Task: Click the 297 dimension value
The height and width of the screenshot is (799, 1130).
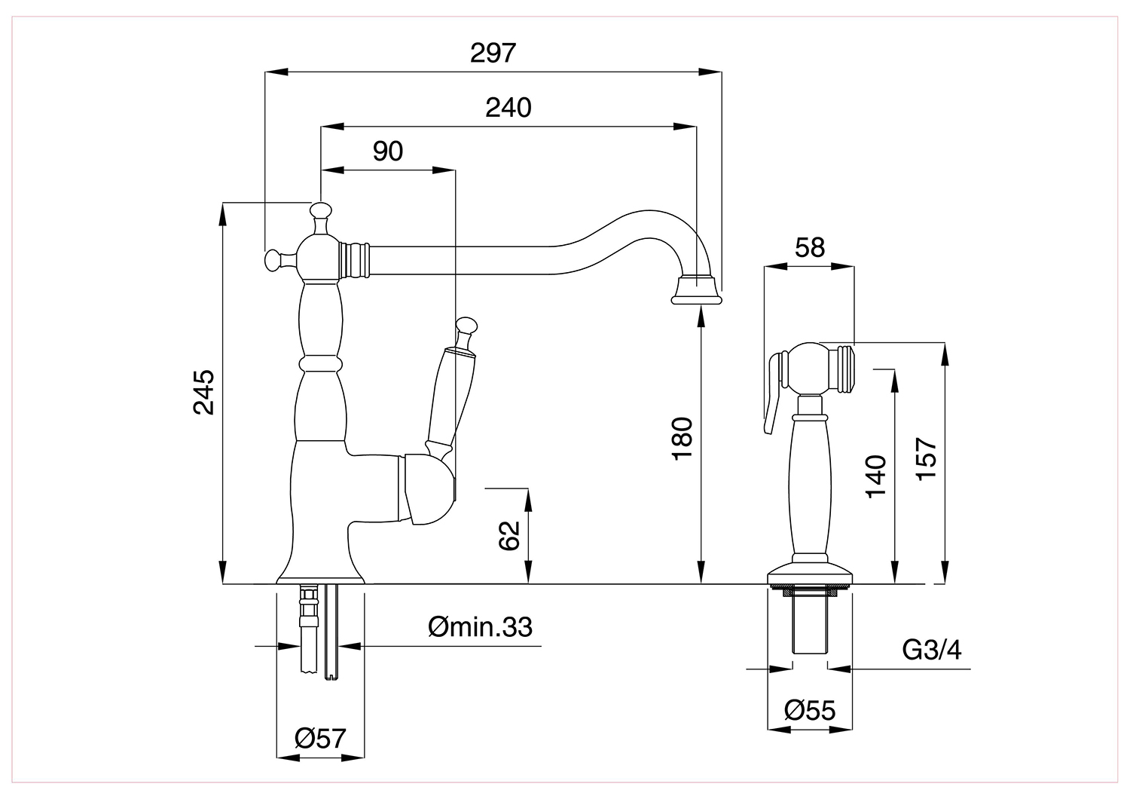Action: tap(493, 53)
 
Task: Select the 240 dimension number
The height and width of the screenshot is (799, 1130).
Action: tap(508, 108)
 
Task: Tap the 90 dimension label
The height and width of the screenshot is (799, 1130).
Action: tap(388, 151)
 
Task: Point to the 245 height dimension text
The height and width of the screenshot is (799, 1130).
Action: tap(204, 392)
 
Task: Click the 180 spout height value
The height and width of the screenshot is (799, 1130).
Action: tap(682, 438)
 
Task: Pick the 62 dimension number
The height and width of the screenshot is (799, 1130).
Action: tap(508, 535)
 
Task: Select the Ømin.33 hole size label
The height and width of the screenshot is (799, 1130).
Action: tap(480, 627)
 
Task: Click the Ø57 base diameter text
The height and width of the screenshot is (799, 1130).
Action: tap(320, 739)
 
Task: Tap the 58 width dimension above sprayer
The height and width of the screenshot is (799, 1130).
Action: tap(810, 247)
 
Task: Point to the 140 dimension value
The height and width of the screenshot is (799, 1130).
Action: tap(875, 476)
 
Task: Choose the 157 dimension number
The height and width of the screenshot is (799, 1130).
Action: tap(926, 459)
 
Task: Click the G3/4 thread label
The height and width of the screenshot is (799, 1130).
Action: tap(932, 650)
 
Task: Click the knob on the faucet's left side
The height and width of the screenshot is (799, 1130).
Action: tap(276, 260)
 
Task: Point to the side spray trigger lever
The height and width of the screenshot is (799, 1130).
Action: tap(772, 393)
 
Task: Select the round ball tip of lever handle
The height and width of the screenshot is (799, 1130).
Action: tap(466, 326)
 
